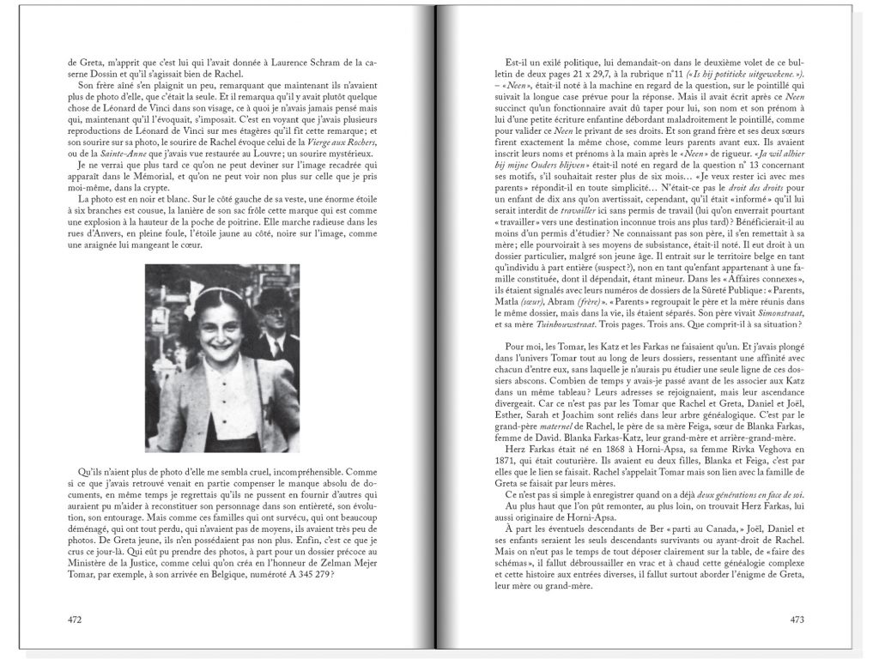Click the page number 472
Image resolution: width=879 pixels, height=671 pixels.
tap(75, 619)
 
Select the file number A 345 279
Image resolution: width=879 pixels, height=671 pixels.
tap(300, 575)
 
